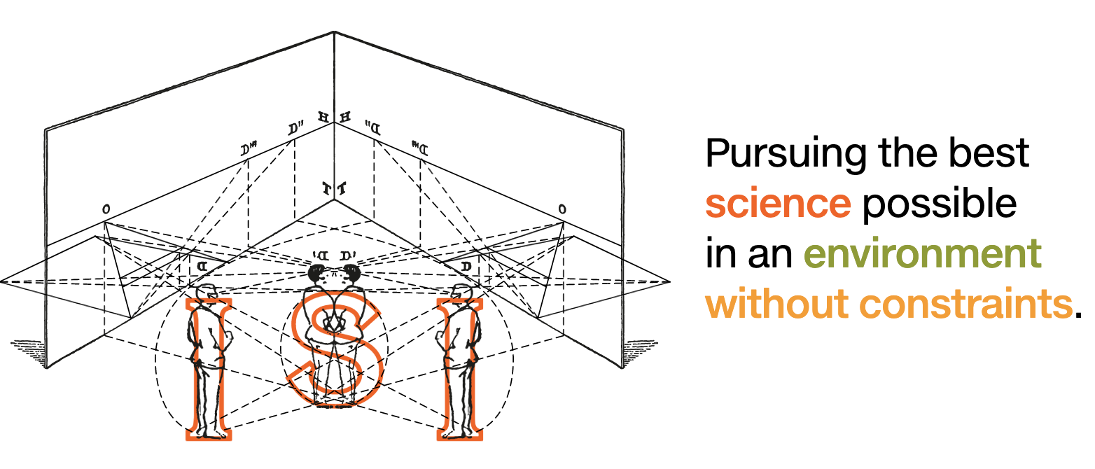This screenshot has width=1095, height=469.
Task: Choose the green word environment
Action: [x=923, y=254]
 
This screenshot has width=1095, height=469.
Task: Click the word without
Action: [x=776, y=304]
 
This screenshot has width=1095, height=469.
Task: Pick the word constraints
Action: [x=965, y=304]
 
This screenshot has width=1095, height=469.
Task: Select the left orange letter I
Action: [x=209, y=370]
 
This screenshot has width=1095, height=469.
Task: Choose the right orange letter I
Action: [x=459, y=370]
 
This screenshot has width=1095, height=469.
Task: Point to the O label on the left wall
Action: [x=106, y=209]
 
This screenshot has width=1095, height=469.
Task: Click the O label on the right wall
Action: [x=562, y=209]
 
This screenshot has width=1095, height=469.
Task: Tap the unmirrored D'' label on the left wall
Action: [x=295, y=129]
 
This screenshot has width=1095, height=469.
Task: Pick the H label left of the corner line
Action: [x=323, y=117]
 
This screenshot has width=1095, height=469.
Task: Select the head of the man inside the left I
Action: [x=207, y=292]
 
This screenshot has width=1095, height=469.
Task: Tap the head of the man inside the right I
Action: [x=461, y=292]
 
